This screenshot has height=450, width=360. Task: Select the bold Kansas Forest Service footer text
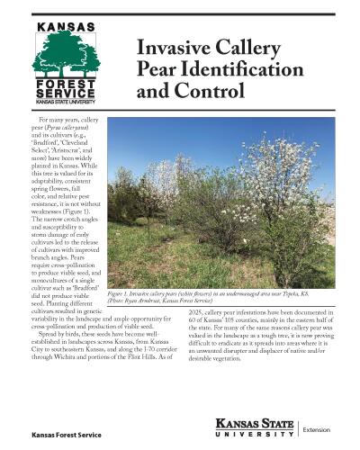(66, 436)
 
